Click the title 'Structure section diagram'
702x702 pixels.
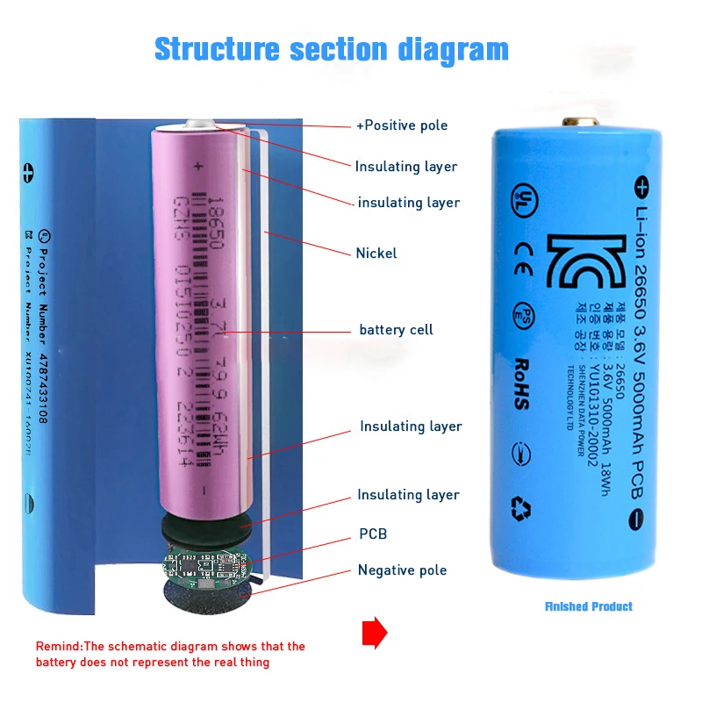[x=331, y=49]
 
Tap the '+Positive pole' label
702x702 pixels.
[x=401, y=125]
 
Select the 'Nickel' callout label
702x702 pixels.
[x=376, y=254]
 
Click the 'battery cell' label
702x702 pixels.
[x=396, y=330]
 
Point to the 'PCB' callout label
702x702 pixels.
[x=372, y=534]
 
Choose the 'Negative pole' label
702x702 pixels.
[x=402, y=570]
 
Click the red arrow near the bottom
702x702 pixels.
[x=375, y=632]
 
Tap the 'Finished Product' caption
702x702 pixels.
[x=588, y=606]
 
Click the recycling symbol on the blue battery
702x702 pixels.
[x=521, y=507]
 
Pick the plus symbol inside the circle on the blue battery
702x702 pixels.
[x=641, y=187]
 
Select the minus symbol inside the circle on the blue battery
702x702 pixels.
[x=638, y=519]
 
